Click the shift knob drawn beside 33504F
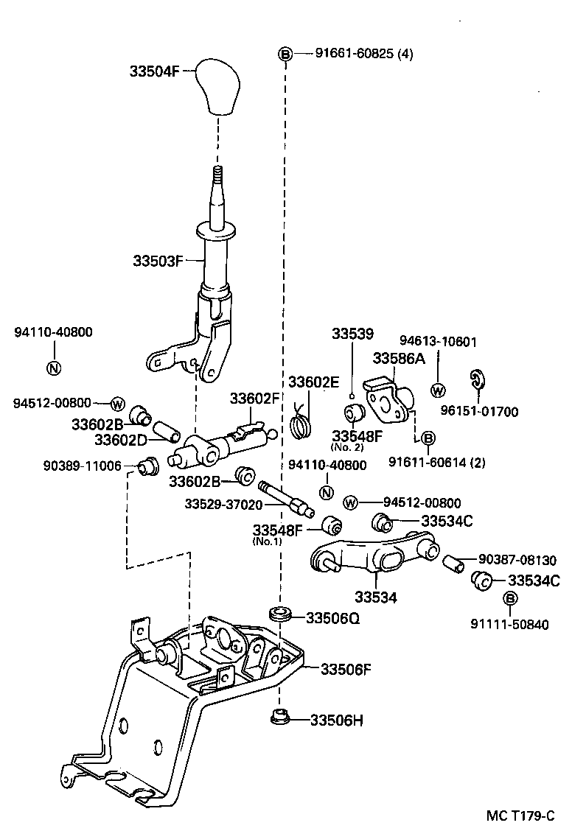218,88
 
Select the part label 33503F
158,260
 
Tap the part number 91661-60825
352,54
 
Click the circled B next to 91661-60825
285,54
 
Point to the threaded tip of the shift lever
218,178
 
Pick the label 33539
352,334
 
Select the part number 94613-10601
439,341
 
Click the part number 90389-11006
82,466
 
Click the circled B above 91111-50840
509,598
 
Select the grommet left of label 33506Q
280,613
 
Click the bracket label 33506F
346,669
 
